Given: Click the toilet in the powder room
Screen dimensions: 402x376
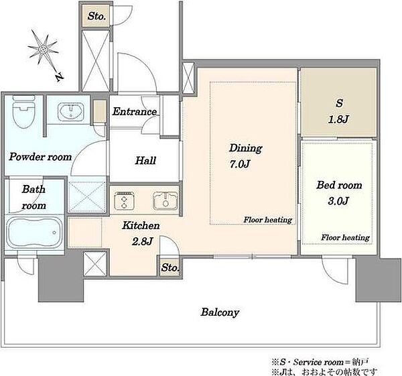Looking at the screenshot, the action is click(x=23, y=112).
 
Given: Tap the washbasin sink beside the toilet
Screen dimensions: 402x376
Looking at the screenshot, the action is click(x=71, y=112).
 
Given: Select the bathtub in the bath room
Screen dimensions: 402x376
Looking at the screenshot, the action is click(x=34, y=233).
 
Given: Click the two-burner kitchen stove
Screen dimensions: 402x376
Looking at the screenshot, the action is click(x=125, y=200).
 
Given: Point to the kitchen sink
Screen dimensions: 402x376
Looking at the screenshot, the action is click(x=165, y=200).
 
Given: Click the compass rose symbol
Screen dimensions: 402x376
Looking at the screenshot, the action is click(x=43, y=48).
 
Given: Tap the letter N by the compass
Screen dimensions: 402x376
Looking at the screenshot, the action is click(x=60, y=76).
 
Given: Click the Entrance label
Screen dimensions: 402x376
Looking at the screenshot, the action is click(x=135, y=111).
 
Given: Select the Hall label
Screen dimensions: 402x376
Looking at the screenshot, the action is click(x=145, y=161).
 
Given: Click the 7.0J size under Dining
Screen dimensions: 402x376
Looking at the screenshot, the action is click(x=239, y=164).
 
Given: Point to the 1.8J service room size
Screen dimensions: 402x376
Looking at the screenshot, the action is click(x=338, y=119).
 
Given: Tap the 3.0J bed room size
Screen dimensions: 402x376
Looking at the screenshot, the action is click(x=338, y=201).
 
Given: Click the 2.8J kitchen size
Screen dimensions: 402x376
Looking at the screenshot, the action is click(x=142, y=241).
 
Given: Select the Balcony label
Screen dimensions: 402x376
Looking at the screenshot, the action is click(x=220, y=312).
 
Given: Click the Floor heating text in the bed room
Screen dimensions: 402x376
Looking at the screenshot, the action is click(x=345, y=237).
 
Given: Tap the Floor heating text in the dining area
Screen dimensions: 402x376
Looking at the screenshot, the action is click(x=267, y=220).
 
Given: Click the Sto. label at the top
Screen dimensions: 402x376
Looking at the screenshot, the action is click(x=96, y=16).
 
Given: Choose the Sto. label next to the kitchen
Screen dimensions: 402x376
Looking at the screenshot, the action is click(x=170, y=268).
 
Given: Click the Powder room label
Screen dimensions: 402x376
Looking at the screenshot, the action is click(x=40, y=157).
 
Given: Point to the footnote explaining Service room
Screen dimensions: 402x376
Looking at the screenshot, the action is click(x=320, y=362).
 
